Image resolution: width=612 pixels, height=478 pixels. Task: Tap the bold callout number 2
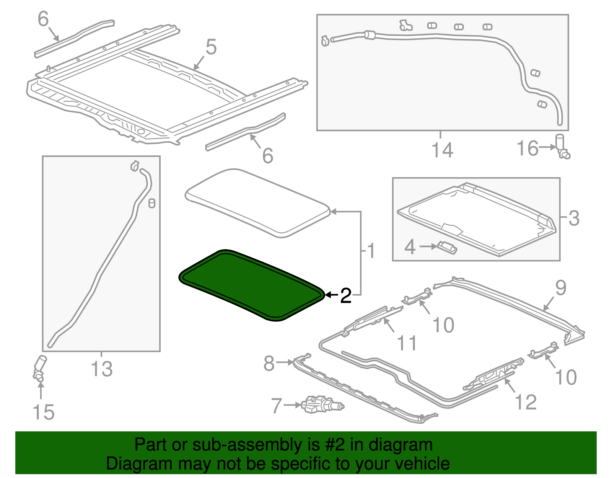pos(345,296)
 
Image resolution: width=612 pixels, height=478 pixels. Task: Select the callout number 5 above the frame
pos(211,47)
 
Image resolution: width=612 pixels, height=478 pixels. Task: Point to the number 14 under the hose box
pos(442,150)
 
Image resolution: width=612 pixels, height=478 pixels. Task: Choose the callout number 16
pos(527,148)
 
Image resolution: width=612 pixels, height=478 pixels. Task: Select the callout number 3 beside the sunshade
pos(574,218)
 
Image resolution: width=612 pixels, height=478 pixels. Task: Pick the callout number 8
pos(269,363)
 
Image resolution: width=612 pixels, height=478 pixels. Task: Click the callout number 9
pos(560,288)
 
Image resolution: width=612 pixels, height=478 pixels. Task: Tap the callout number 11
pos(407,343)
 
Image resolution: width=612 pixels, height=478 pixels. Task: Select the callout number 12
pos(526,402)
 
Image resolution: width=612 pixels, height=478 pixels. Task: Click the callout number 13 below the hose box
pos(102,369)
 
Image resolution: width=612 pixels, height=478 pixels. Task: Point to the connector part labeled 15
pos(39,368)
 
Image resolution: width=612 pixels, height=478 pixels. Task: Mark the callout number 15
pos(44,412)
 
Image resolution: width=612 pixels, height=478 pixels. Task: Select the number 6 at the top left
pos(43,19)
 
